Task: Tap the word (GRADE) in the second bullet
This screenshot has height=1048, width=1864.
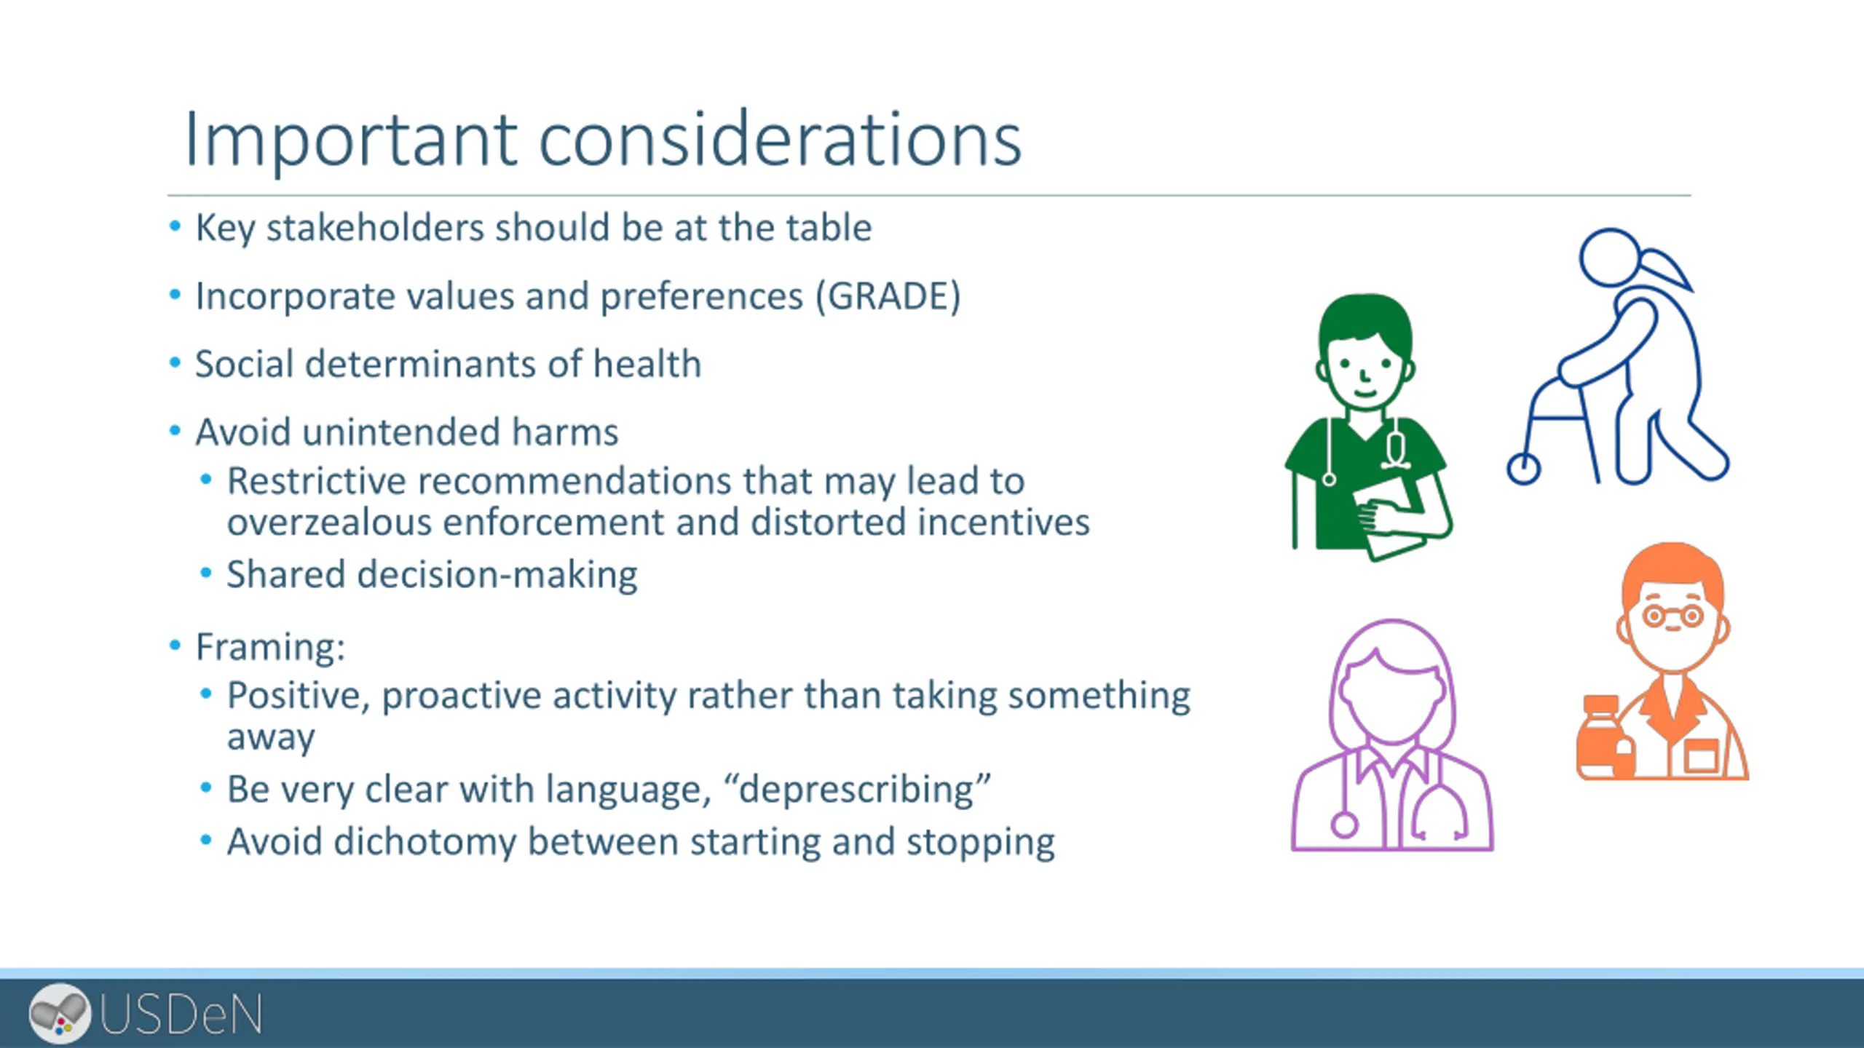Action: click(888, 296)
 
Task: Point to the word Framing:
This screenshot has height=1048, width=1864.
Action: click(270, 647)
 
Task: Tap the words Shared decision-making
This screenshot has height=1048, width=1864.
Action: click(433, 575)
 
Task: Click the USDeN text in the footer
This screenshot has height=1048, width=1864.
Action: click(181, 1015)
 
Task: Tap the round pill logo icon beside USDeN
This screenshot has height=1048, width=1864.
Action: click(60, 1013)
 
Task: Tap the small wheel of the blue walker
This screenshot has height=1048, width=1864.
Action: click(1523, 469)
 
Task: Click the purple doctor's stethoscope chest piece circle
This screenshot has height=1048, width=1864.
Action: click(1344, 825)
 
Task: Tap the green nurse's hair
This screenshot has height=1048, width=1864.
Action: click(1366, 320)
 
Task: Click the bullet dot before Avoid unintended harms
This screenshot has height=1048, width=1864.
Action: click(175, 431)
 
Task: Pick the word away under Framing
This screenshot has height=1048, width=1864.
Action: click(271, 738)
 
